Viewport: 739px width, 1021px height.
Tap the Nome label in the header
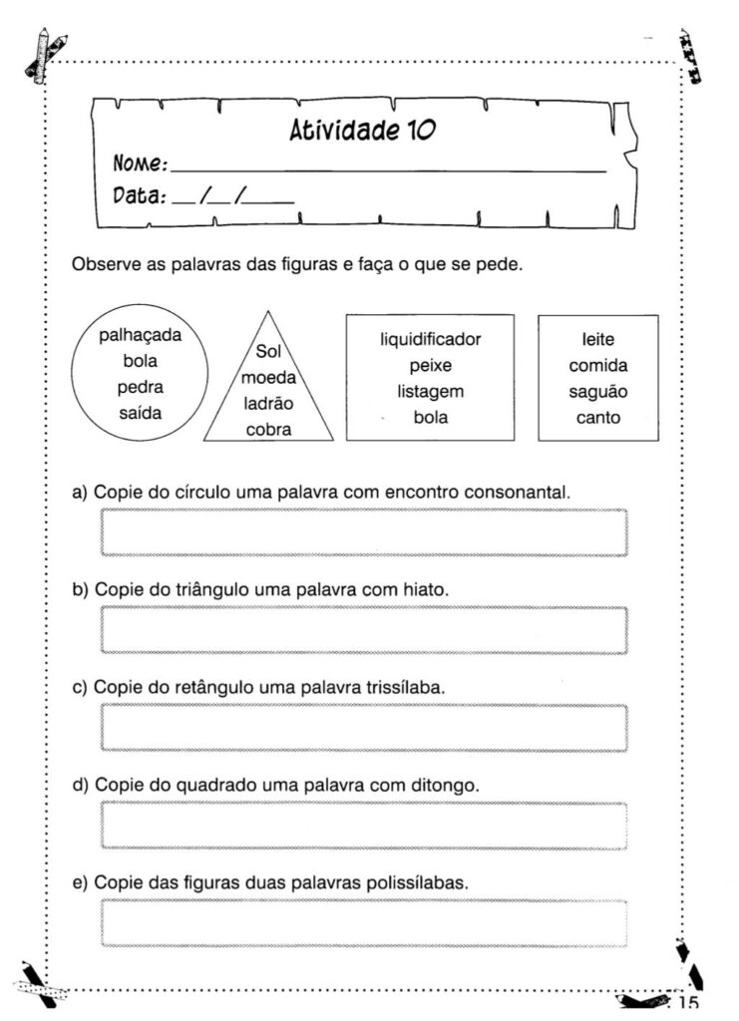point(140,163)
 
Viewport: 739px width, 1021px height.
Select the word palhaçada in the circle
point(141,336)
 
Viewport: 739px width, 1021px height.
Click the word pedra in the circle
point(141,387)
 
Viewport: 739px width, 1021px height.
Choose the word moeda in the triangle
point(268,378)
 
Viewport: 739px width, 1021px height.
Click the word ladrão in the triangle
point(268,404)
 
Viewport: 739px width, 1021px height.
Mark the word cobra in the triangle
point(268,430)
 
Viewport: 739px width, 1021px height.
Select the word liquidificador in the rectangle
point(430,339)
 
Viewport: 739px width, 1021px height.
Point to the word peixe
point(430,365)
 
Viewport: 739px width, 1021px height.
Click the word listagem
point(430,391)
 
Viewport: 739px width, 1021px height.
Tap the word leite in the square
point(597,339)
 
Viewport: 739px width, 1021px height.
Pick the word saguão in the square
point(597,391)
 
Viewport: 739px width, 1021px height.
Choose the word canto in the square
point(597,417)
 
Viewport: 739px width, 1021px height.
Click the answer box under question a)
point(364,531)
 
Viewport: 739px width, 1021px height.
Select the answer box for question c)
point(364,727)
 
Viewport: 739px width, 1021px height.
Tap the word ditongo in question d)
point(445,786)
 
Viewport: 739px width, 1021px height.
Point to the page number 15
point(688,1004)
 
